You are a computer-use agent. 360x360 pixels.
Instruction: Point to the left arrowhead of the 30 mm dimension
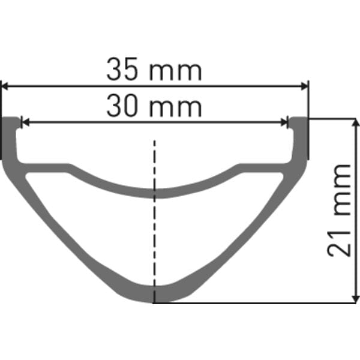[x=25, y=122]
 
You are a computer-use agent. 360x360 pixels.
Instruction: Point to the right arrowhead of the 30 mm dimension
[x=284, y=122]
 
